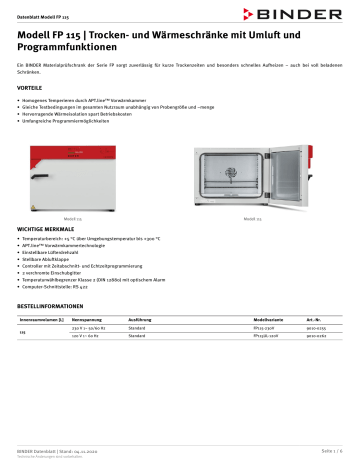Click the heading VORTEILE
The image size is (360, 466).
pos(31,88)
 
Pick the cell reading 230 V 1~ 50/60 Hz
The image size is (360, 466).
pos(91,327)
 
